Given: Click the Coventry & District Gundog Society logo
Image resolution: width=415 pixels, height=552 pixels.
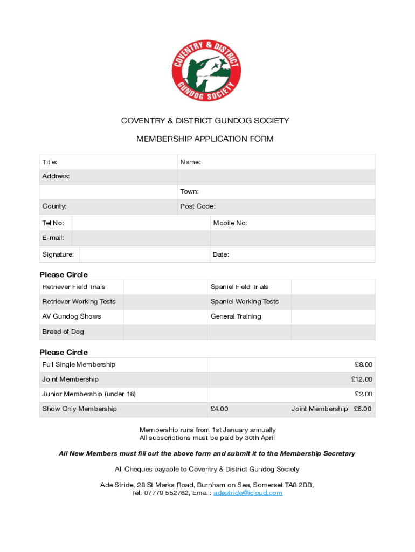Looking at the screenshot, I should coord(205,70).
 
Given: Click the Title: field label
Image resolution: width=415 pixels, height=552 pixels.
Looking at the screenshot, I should coord(50,162).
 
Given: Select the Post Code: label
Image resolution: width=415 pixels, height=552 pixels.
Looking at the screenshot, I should coord(198,206).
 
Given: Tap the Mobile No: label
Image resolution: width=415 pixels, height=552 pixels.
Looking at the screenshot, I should coord(230,223).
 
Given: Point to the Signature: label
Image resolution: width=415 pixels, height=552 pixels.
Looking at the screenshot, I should coord(58,254).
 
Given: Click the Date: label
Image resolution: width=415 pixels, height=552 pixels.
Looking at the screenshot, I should coord(221,254).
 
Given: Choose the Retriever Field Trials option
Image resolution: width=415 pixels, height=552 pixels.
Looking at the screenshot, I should coord(74,287).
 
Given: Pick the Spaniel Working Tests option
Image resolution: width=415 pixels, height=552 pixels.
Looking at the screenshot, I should coord(245,302).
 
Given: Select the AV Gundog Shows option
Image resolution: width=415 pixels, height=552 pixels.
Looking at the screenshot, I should coord(72,316).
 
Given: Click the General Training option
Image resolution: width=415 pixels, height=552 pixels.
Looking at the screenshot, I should coord(236,316).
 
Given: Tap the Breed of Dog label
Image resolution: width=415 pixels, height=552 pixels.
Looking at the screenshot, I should coord(63,332).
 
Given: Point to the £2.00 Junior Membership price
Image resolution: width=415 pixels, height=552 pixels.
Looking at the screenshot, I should coord(363,394).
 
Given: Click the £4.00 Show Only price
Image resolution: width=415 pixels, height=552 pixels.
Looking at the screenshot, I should coord(219,409).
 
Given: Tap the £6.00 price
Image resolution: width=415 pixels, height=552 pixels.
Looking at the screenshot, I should coord(363,409).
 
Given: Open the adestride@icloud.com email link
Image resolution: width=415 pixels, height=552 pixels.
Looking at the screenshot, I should coord(248,493).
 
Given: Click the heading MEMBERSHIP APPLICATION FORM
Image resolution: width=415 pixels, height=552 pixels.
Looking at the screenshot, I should coord(205,139).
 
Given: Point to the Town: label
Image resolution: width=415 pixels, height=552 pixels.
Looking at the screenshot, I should coord(190,192).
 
